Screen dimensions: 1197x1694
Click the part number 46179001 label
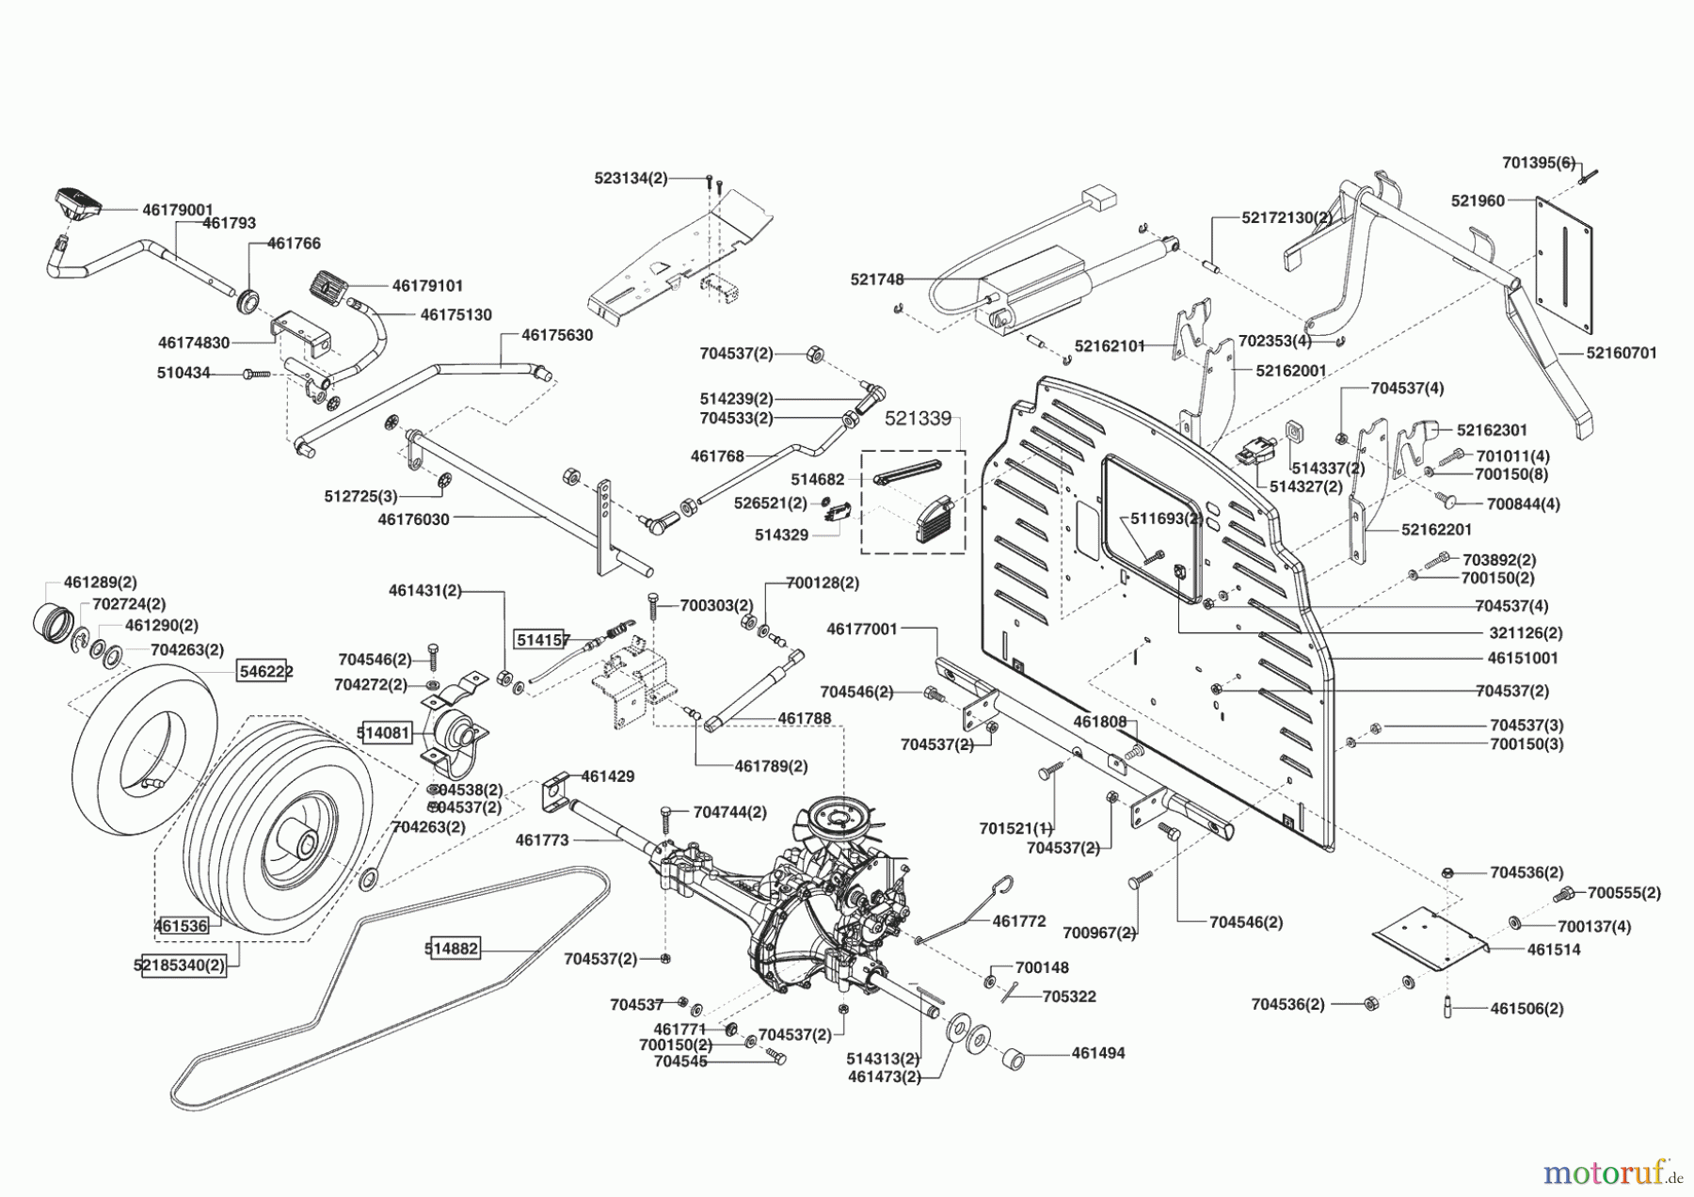click(x=178, y=210)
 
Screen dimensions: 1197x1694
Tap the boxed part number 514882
click(x=452, y=949)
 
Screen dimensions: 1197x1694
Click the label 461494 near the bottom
click(x=1098, y=1054)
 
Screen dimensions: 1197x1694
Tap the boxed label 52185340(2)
click(x=184, y=966)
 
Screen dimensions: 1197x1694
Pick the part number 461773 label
click(x=542, y=840)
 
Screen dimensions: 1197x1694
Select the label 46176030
click(x=413, y=519)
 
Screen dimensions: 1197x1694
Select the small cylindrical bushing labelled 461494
click(x=1015, y=1059)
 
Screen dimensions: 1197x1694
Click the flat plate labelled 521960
click(x=1563, y=265)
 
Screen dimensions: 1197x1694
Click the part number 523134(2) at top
click(x=631, y=178)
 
